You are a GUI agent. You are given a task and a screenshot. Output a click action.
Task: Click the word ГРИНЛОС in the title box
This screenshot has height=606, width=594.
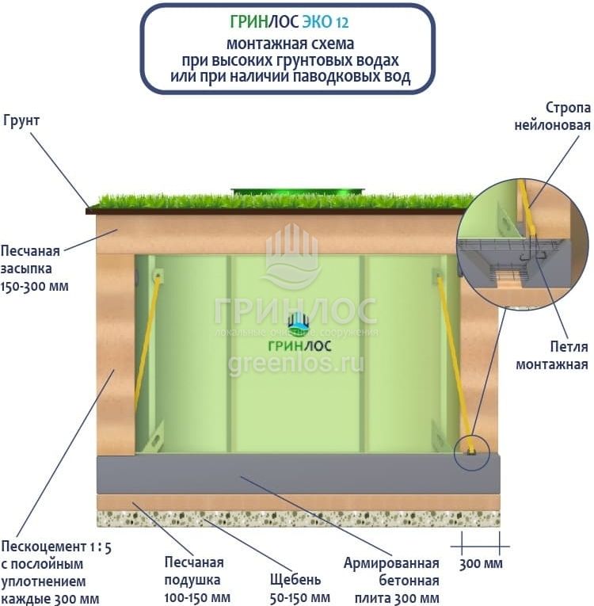(x=256, y=23)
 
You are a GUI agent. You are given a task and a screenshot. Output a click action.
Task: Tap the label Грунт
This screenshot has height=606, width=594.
(x=21, y=120)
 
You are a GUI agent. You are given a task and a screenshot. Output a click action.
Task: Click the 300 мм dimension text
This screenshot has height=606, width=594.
(x=481, y=565)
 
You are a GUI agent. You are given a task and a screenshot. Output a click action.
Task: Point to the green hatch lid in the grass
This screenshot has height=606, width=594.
(x=298, y=191)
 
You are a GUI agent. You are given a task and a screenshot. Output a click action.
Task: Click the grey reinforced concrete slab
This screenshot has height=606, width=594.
(x=298, y=474)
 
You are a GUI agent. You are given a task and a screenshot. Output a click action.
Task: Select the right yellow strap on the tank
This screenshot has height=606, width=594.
(x=455, y=356)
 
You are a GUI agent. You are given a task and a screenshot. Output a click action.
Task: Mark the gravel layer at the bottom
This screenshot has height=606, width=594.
(x=298, y=519)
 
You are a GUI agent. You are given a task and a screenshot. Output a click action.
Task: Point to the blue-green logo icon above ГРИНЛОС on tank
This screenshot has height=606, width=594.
(x=298, y=321)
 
